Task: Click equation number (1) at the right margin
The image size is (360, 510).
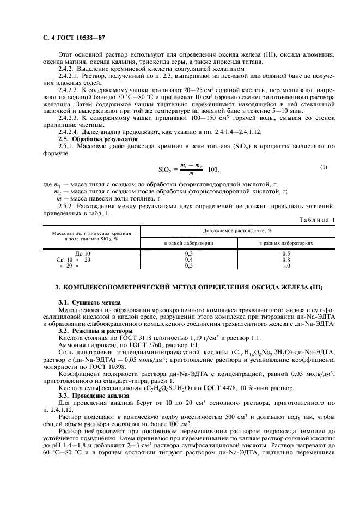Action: (324, 167)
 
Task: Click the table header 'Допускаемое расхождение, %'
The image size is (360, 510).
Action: (237, 231)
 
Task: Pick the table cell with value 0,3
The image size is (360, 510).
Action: (188, 254)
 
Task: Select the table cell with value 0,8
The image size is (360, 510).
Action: (286, 260)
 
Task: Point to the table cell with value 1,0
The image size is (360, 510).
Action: (286, 266)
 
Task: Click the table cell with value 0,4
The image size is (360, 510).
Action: (188, 260)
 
